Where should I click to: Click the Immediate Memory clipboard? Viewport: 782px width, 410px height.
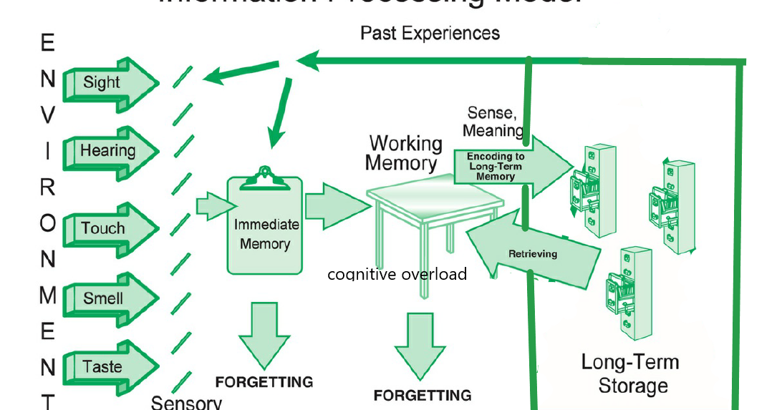coord(264,229)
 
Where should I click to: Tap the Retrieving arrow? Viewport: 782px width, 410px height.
coord(534,253)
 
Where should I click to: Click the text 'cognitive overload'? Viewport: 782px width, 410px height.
coord(397,275)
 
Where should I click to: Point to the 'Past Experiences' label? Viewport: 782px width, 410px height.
coord(430,33)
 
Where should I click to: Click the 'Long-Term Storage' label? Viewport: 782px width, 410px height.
coord(631,374)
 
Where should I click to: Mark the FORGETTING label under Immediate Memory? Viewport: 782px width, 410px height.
coord(264,382)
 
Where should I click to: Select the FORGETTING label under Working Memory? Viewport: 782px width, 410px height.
coord(423,395)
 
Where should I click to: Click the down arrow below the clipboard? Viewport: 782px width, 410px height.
coord(264,333)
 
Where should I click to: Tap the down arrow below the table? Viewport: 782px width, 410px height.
coord(421,343)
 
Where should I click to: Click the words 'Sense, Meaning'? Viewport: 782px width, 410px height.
coord(493,122)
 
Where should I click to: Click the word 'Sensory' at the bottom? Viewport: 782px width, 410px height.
coord(186,402)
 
